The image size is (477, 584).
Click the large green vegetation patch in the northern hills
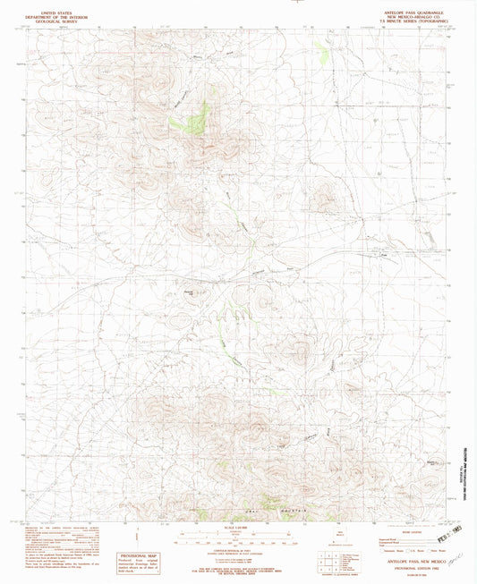[x=197, y=119]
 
